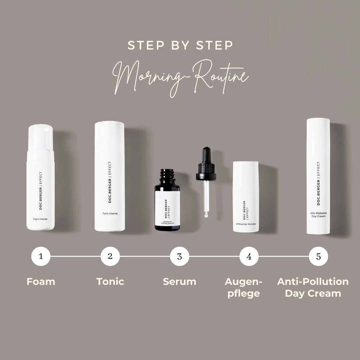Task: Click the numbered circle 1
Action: pos(41,256)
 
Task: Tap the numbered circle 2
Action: pos(110,256)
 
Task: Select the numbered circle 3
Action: pos(180,256)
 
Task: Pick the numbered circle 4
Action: pos(249,256)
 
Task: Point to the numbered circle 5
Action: pos(319,256)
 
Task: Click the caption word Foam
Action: pos(41,282)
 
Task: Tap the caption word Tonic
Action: pos(110,282)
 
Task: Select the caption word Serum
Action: pos(180,282)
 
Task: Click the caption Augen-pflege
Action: pos(243,288)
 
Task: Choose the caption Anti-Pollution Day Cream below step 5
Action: pos(313,287)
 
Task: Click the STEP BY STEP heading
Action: pos(180,45)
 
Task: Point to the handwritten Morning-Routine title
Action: pos(180,78)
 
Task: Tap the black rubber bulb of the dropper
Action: pos(206,155)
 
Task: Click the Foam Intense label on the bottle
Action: pos(40,219)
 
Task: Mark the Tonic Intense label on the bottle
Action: pos(110,213)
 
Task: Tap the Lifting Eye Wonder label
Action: pos(246,224)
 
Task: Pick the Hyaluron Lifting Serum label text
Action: pos(167,222)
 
